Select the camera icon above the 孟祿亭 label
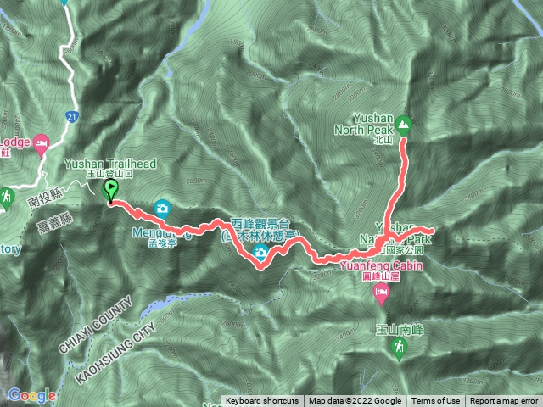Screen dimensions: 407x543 162,208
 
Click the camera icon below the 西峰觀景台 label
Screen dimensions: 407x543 261,253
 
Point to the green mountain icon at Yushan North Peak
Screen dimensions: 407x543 403,125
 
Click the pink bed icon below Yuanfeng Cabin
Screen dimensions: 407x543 382,294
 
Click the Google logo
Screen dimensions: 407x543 31,395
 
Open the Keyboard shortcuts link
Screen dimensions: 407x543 261,401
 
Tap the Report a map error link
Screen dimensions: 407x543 504,401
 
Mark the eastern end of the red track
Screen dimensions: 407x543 433,231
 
